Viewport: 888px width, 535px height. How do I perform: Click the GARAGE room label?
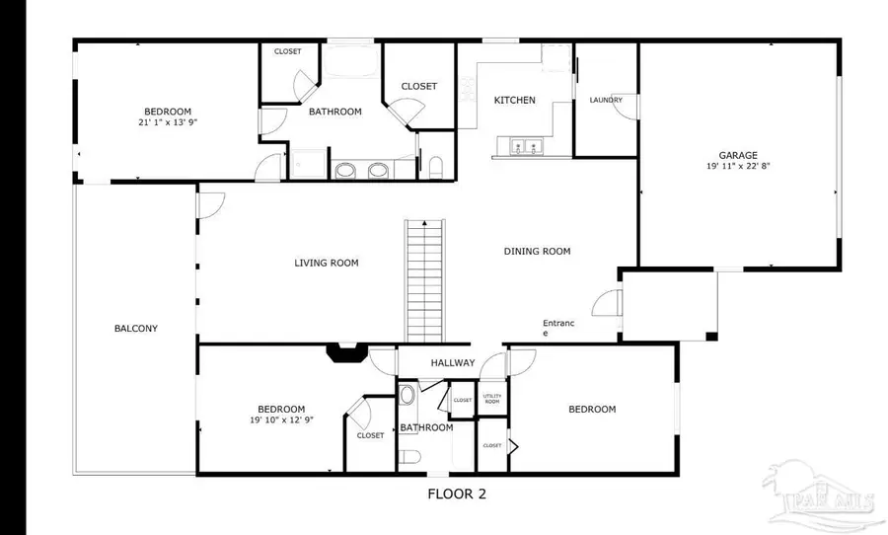click(x=737, y=155)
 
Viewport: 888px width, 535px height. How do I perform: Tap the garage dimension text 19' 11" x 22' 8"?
click(x=737, y=167)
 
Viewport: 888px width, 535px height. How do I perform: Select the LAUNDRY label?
click(x=605, y=100)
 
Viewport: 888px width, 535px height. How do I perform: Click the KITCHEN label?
click(x=514, y=100)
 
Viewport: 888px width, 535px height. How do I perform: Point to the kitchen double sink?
click(x=523, y=148)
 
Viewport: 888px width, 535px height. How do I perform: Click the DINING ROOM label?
click(x=537, y=252)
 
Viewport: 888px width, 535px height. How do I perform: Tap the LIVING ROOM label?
click(x=326, y=263)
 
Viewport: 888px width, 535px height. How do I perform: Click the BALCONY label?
click(x=135, y=329)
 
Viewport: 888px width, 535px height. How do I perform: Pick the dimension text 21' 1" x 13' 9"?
click(x=167, y=123)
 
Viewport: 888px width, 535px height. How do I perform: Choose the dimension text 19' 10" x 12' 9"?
click(x=280, y=420)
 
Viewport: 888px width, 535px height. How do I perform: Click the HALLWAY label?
click(x=452, y=363)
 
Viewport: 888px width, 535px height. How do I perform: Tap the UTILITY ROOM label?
click(x=491, y=400)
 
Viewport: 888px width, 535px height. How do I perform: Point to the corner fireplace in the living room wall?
click(x=348, y=352)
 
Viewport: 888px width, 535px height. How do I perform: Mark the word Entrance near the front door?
click(x=556, y=328)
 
